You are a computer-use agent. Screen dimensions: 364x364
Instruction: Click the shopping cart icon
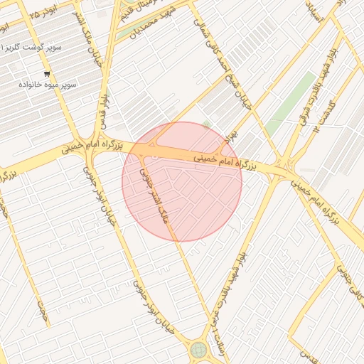point(47,73)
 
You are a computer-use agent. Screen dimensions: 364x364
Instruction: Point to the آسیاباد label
point(314,11)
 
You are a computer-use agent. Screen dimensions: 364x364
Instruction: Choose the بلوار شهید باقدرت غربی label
point(235,284)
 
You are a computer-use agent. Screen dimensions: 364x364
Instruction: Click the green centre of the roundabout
point(198,350)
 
